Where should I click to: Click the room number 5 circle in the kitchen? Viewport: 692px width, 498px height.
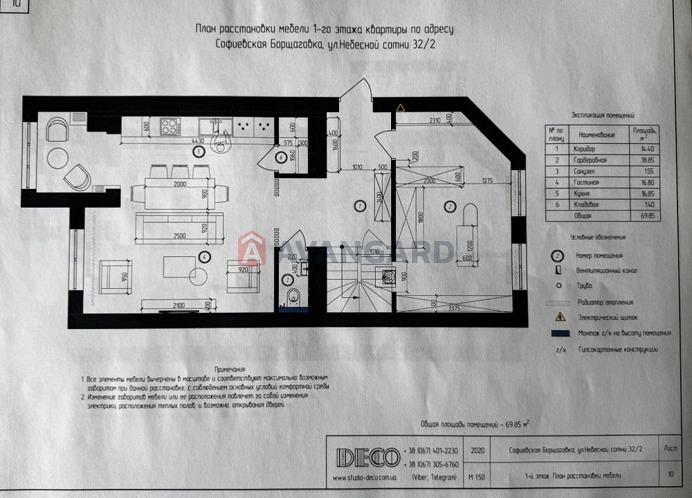pyautogui.click(x=199, y=150)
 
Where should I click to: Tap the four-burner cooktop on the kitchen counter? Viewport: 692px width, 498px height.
pyautogui.click(x=170, y=126)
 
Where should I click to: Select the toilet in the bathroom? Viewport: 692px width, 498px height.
pyautogui.click(x=291, y=297)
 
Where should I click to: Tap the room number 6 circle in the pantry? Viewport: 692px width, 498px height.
pyautogui.click(x=281, y=157)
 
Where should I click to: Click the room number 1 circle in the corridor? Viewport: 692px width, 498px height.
pyautogui.click(x=359, y=205)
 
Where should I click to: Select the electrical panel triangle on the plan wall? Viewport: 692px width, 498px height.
pyautogui.click(x=401, y=107)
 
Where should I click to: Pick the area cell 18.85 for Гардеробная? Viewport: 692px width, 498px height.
pyautogui.click(x=647, y=159)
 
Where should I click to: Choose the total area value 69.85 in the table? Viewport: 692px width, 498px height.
pyautogui.click(x=647, y=216)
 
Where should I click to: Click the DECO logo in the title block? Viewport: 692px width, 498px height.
pyautogui.click(x=367, y=457)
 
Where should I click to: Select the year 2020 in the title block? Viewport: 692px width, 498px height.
pyautogui.click(x=477, y=450)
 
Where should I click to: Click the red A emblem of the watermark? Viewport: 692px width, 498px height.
pyautogui.click(x=252, y=250)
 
